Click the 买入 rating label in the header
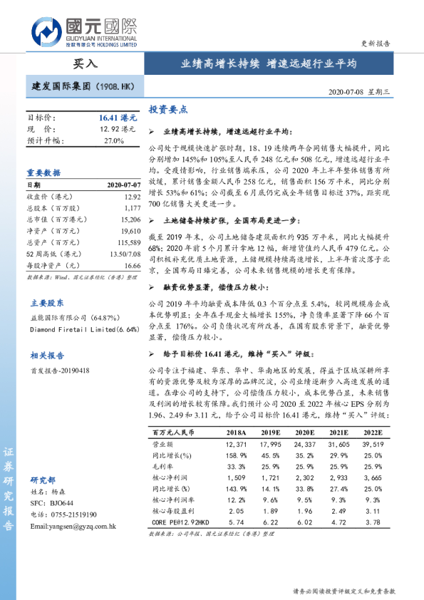[x=86, y=63]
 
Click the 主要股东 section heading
[x=44, y=301]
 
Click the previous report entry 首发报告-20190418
[x=60, y=371]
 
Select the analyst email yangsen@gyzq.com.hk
[x=73, y=526]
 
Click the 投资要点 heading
[x=168, y=110]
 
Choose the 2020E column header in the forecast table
[x=304, y=433]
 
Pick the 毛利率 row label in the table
[x=163, y=466]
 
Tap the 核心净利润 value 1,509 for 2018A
[x=236, y=477]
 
